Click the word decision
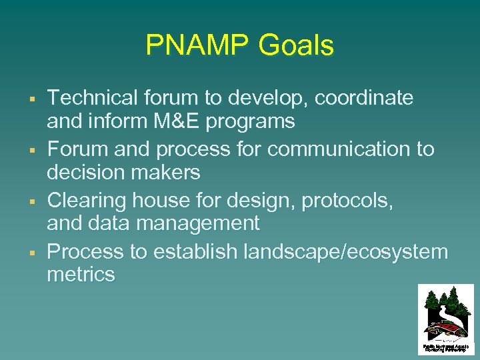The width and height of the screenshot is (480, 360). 85,172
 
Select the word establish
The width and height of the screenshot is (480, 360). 195,251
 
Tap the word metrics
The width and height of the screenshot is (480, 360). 81,274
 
